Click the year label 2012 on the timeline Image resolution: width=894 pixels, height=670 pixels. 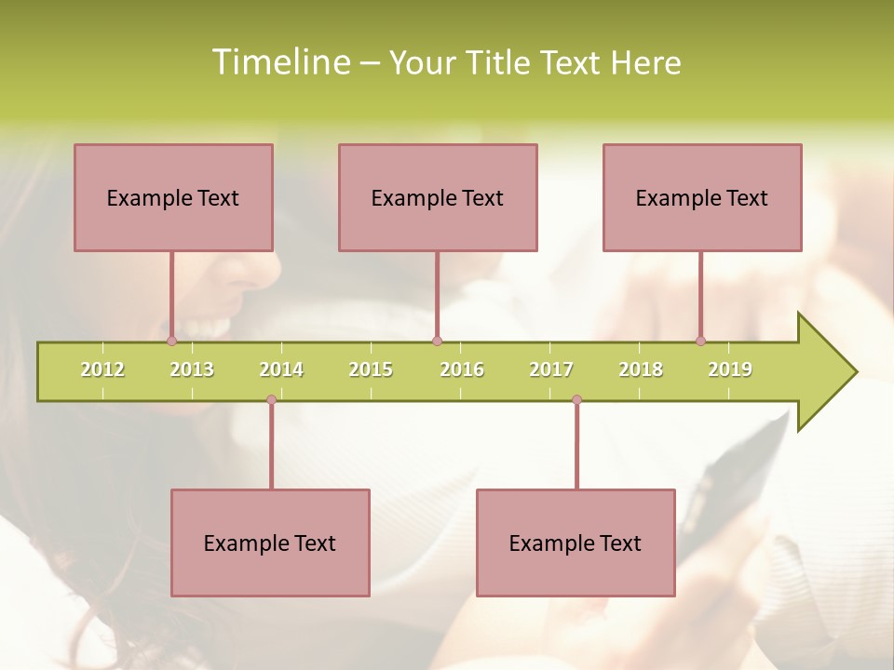tap(102, 369)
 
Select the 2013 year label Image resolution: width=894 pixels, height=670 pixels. tap(192, 369)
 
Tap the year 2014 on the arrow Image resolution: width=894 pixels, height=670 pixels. tap(281, 369)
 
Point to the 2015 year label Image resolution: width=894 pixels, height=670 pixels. tap(371, 369)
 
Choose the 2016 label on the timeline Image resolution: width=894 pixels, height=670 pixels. tap(462, 369)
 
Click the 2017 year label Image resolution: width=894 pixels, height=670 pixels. tap(551, 369)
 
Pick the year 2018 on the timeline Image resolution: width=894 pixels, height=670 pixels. tap(641, 369)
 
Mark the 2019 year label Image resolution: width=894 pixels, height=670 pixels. tap(730, 369)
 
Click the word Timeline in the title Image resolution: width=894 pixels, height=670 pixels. tap(280, 62)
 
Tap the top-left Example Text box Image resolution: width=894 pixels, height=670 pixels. tap(173, 197)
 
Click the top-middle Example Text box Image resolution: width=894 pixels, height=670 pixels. tap(438, 197)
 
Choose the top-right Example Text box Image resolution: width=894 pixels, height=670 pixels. tap(702, 197)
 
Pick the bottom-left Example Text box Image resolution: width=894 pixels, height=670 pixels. tap(270, 543)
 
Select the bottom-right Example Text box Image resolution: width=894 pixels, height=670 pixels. tap(576, 543)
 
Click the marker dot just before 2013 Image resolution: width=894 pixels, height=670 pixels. tap(171, 341)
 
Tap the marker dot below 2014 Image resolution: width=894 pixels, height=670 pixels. tap(271, 400)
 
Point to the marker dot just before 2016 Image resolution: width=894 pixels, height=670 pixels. tap(437, 341)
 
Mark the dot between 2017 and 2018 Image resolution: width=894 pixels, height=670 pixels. tap(576, 400)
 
